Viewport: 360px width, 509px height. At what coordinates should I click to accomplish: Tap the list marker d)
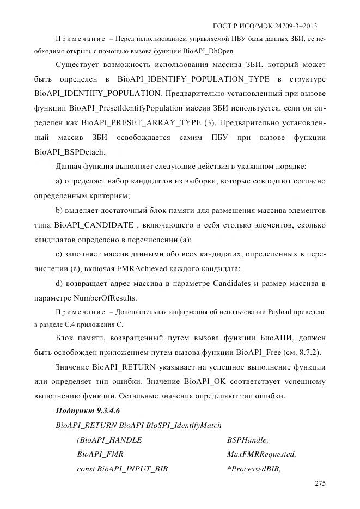(x=60, y=284)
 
